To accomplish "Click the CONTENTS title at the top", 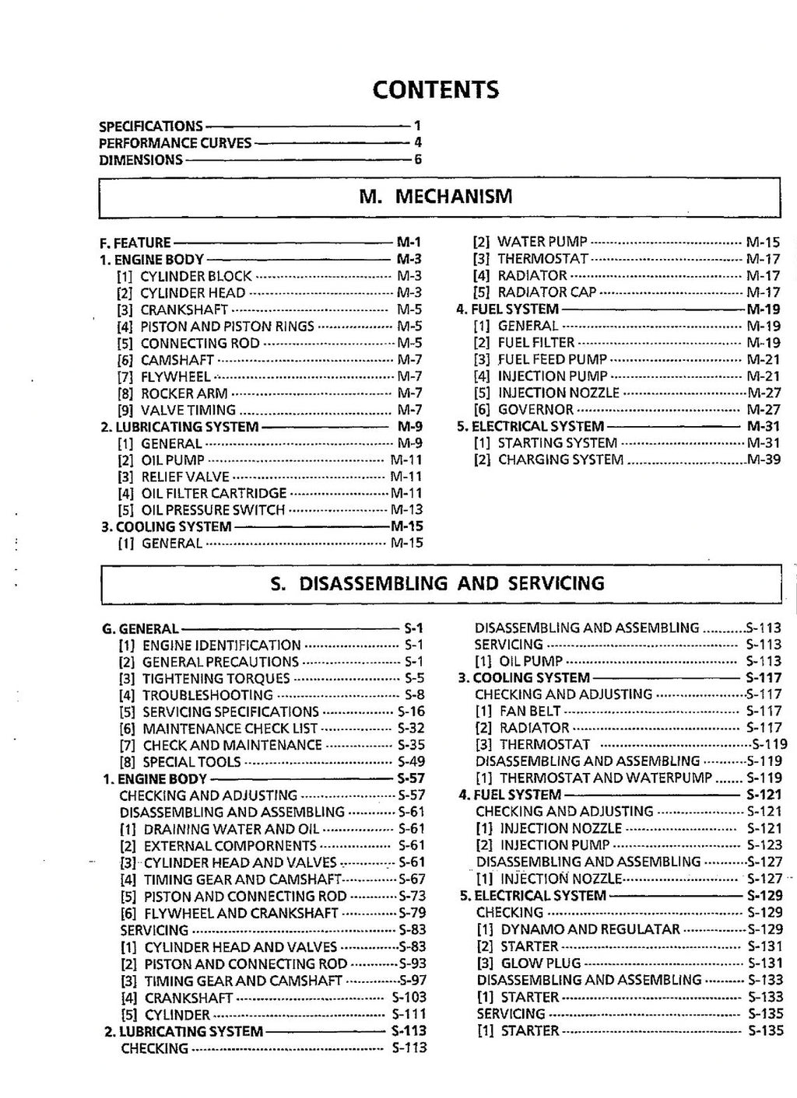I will [435, 90].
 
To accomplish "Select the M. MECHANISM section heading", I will [436, 196].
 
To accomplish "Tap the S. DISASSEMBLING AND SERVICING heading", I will [437, 583].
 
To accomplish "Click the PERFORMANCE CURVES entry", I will [175, 143].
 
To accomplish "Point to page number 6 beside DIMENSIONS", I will [418, 160].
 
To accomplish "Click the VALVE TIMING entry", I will [188, 411].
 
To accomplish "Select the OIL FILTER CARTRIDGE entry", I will [213, 494].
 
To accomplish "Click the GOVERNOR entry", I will [535, 410].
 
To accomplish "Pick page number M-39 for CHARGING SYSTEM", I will [764, 460].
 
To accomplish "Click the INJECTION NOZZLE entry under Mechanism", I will [558, 393].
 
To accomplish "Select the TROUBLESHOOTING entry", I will [205, 695].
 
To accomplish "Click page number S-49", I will [411, 762].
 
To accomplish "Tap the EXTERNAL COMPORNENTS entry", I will [230, 846].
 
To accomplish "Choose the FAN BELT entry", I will [530, 712].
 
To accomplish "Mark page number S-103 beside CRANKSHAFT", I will [409, 998].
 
